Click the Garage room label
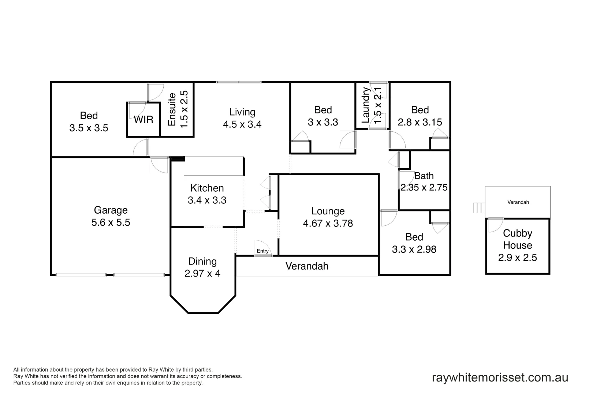tap(111, 210)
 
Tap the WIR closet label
tap(143, 120)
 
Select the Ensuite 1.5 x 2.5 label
tap(178, 109)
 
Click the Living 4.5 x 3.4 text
tap(242, 118)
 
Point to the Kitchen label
tap(207, 188)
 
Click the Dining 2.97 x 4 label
tap(202, 267)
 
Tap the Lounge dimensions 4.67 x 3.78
tap(328, 223)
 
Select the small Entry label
tap(262, 251)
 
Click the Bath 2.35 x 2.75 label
tap(424, 182)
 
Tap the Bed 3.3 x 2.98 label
tap(414, 243)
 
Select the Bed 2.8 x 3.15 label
tap(420, 116)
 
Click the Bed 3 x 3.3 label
tap(323, 116)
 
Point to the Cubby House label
tap(517, 239)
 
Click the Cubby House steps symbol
tap(478, 208)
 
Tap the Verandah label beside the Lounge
tap(307, 266)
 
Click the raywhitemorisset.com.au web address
tap(500, 377)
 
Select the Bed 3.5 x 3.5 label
tap(89, 122)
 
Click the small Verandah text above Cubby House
tap(518, 202)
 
